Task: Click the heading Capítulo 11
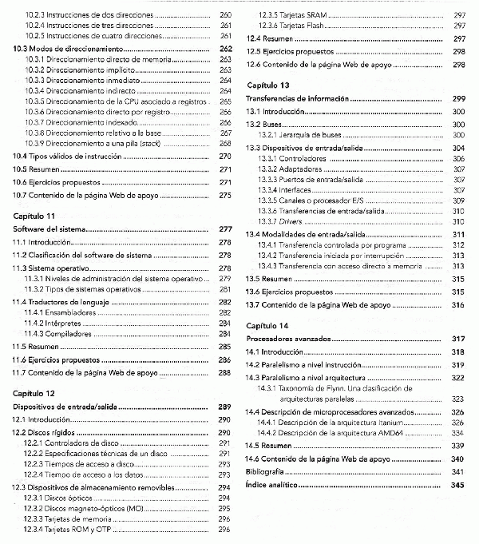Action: pos(34,216)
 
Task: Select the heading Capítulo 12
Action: pos(34,393)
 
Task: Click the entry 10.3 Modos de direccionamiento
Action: pos(69,49)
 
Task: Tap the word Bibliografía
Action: pos(268,472)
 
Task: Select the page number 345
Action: pos(457,485)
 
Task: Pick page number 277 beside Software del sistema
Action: pos(224,229)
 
